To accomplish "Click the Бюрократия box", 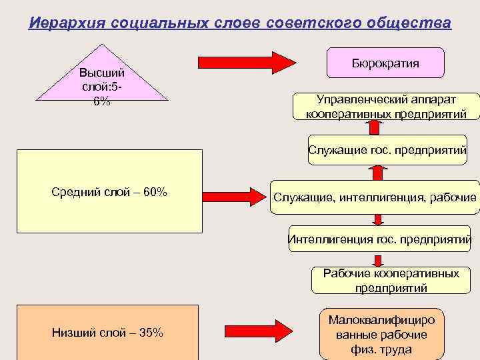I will tap(385, 63).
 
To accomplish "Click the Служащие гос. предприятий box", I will tap(387, 151).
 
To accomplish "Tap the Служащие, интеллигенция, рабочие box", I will tap(375, 197).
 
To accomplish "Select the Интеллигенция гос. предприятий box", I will tap(379, 239).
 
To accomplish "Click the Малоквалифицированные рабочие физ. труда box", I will tap(381, 335).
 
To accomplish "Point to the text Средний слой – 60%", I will tap(109, 193).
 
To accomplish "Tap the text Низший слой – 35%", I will tap(107, 333).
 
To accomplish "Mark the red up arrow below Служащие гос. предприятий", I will tap(378, 172).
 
